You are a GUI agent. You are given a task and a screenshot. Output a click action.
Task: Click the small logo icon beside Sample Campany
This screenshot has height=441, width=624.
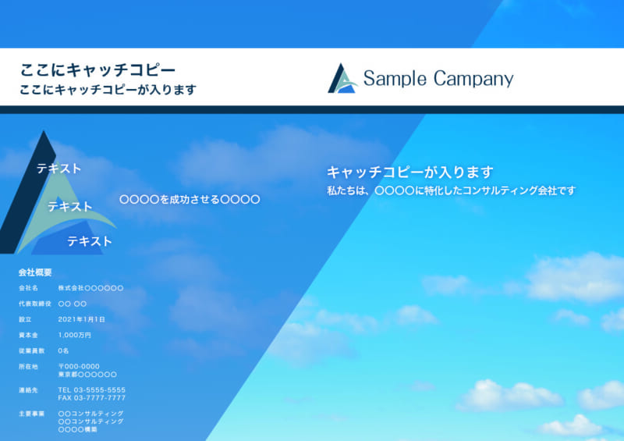tap(342, 78)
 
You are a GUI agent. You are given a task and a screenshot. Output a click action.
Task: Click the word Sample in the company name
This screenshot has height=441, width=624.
tap(395, 79)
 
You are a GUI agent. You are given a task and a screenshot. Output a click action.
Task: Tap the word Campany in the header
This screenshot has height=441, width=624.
tap(473, 79)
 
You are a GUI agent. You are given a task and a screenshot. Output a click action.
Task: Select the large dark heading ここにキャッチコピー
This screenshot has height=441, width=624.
tap(97, 69)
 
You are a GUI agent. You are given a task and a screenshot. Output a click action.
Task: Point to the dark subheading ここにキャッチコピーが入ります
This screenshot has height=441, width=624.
tap(108, 90)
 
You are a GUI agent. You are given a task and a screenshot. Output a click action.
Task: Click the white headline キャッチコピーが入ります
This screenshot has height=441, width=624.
tap(410, 172)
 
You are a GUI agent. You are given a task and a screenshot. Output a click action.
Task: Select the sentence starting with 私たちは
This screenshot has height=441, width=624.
tap(452, 190)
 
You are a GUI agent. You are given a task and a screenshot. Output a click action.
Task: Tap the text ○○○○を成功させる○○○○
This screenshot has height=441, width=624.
tap(190, 199)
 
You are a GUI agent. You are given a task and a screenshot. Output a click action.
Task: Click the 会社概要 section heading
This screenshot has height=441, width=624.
tap(35, 272)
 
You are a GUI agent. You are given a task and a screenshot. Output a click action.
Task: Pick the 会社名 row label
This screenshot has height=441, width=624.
tap(28, 288)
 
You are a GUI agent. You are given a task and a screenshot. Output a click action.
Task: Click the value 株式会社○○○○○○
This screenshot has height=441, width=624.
tap(90, 288)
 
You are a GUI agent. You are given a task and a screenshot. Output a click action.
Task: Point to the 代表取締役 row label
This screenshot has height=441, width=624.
tap(35, 304)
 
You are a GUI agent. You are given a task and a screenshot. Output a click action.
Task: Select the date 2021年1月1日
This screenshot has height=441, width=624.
tap(82, 319)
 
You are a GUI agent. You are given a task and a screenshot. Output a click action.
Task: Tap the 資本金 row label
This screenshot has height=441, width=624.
tap(28, 335)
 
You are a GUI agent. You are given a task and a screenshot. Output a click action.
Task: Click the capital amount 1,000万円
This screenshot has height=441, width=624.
tap(74, 335)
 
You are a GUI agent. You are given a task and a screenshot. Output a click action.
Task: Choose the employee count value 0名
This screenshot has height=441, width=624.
tap(63, 350)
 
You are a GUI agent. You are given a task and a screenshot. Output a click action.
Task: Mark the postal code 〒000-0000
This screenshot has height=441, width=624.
tap(79, 366)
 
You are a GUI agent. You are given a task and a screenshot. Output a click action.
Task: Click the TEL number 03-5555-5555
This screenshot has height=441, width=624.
tap(100, 389)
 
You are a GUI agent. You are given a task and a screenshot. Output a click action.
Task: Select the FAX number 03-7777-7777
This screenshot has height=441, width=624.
tap(100, 397)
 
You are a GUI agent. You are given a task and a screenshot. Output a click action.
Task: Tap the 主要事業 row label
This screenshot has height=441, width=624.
tap(31, 414)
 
